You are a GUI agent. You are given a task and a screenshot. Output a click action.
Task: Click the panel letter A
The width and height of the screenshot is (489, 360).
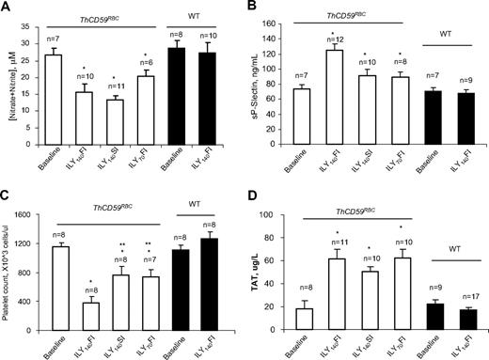point(8,8)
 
